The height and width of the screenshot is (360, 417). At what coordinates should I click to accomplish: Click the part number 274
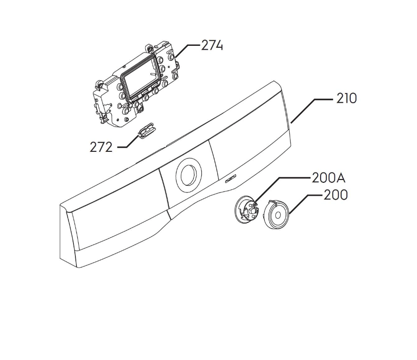click(212, 46)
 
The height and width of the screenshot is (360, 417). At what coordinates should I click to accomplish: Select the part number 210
click(346, 99)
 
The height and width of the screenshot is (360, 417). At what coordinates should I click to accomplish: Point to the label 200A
click(328, 178)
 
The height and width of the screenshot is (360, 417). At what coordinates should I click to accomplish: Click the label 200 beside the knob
click(335, 195)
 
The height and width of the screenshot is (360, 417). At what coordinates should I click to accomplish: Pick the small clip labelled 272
click(146, 129)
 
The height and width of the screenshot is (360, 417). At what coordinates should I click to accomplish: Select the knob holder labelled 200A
click(248, 210)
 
